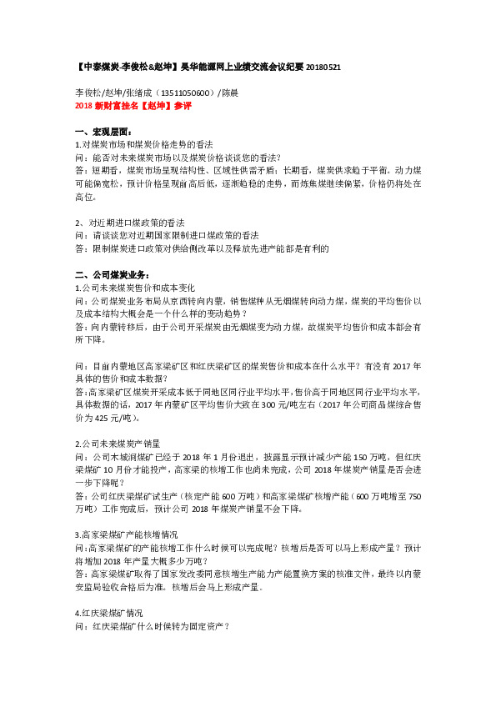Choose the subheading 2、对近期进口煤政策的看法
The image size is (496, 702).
click(x=129, y=223)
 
